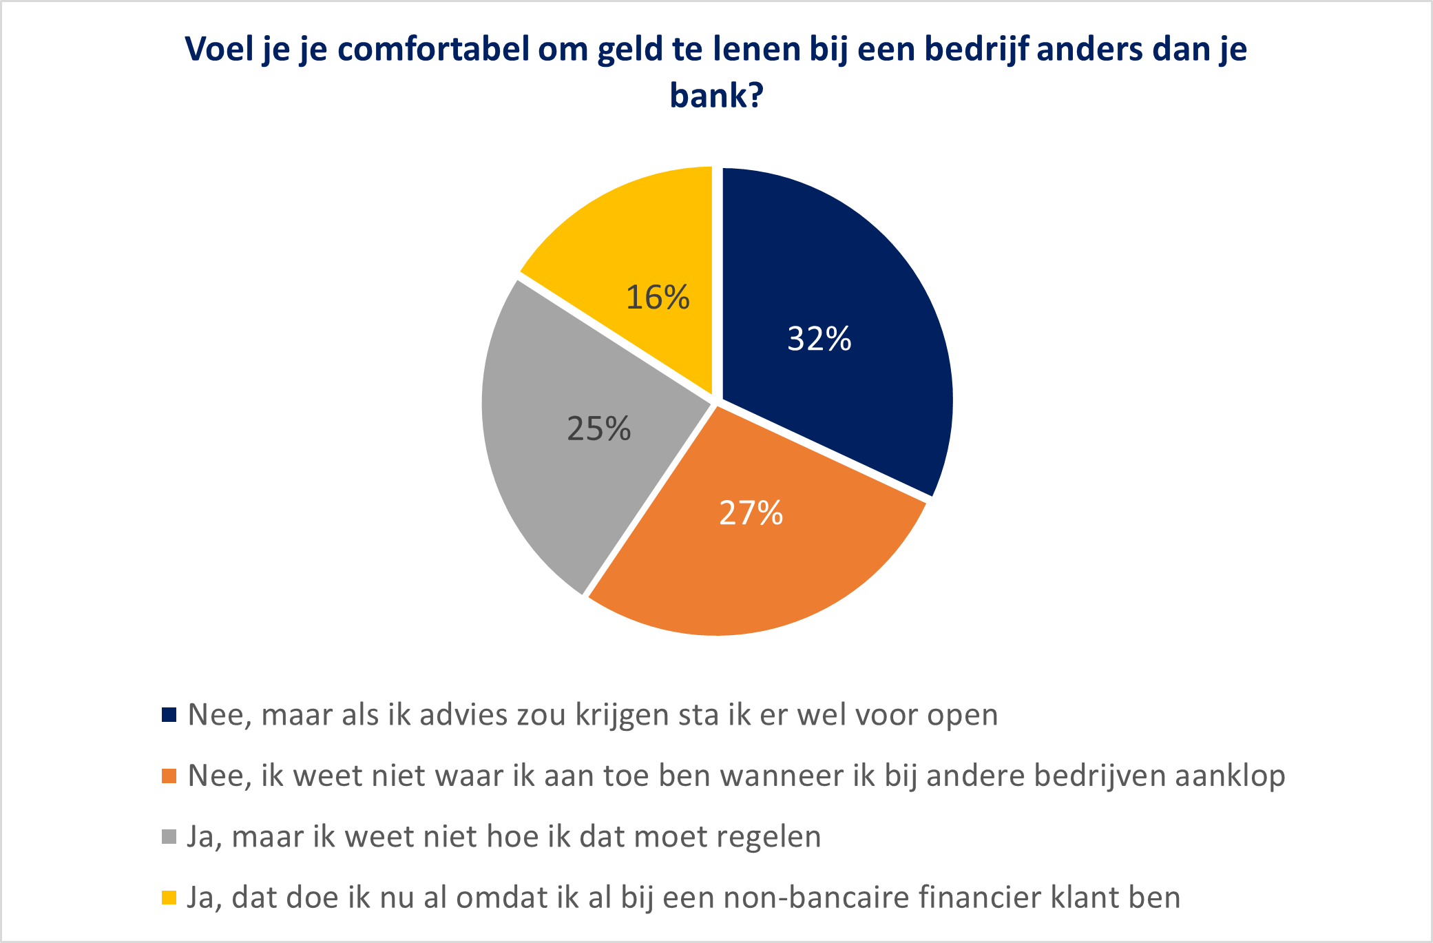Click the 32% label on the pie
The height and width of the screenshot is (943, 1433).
coord(819,339)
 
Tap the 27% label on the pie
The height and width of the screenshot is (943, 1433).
coord(751,513)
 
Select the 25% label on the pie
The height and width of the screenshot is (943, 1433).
coord(598,428)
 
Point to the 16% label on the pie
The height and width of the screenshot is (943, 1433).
coord(657,298)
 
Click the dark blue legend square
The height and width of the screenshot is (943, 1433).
coord(169,715)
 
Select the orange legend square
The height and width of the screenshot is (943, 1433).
coord(169,776)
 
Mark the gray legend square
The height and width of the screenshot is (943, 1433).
coord(169,837)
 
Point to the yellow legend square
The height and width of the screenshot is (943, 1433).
coord(169,898)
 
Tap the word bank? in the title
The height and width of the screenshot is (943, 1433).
coord(716,95)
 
